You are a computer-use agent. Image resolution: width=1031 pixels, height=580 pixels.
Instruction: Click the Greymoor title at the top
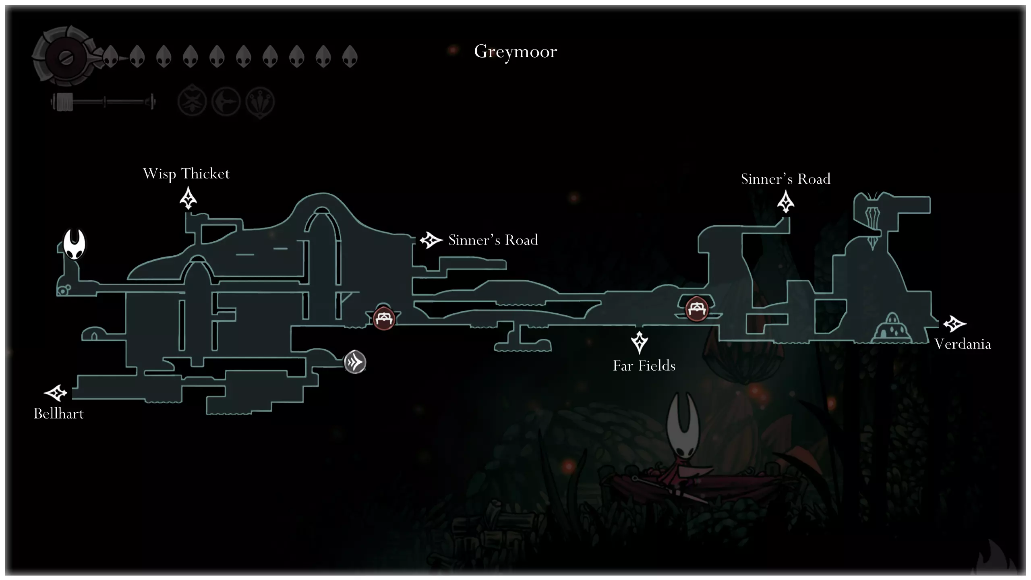click(x=515, y=52)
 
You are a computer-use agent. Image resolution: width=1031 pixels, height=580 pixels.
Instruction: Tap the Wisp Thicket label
click(x=186, y=174)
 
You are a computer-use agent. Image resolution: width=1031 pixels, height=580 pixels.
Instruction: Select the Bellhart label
click(x=59, y=414)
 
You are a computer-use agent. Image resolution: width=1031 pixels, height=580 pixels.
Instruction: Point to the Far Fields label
click(x=644, y=366)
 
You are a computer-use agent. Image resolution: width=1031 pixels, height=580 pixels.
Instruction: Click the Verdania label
click(x=963, y=344)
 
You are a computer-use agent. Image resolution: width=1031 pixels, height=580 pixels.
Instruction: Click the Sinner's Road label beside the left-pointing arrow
click(x=493, y=240)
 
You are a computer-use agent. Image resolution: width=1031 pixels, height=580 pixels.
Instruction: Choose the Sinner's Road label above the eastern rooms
click(x=785, y=179)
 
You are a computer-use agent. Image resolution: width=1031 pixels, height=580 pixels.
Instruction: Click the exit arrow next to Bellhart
click(x=55, y=393)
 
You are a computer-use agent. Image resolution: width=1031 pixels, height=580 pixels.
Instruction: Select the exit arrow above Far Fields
click(x=639, y=342)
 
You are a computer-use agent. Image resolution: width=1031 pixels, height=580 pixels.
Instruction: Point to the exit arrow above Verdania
click(x=954, y=323)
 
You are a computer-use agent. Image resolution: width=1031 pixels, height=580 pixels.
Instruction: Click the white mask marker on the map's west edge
click(x=75, y=244)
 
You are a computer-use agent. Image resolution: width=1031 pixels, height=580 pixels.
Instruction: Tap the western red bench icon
click(x=384, y=318)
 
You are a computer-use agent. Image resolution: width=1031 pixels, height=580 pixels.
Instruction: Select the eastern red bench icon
click(x=696, y=309)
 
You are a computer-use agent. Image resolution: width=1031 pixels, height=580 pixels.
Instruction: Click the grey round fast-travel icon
click(x=355, y=362)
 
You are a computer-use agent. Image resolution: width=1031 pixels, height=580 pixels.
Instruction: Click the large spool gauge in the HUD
click(x=64, y=56)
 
